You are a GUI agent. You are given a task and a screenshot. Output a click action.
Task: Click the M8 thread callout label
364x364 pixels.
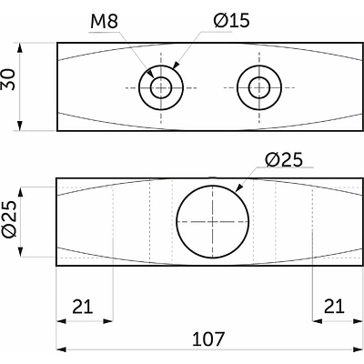tap(104, 22)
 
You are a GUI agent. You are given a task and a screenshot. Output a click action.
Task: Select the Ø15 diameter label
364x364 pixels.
tap(231, 21)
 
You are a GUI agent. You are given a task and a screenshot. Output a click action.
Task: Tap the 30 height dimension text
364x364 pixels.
tap(8, 79)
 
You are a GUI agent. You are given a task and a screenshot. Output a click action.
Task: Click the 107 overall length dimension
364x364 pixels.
tap(208, 339)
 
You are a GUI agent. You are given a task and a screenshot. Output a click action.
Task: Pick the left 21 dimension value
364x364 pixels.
tap(83, 307)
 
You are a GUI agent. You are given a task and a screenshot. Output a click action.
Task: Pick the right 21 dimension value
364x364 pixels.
tap(334, 307)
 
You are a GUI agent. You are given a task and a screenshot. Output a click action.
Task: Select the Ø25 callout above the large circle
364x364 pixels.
tap(284, 160)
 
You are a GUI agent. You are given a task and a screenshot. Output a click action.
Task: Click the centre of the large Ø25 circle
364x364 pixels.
tap(213, 222)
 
